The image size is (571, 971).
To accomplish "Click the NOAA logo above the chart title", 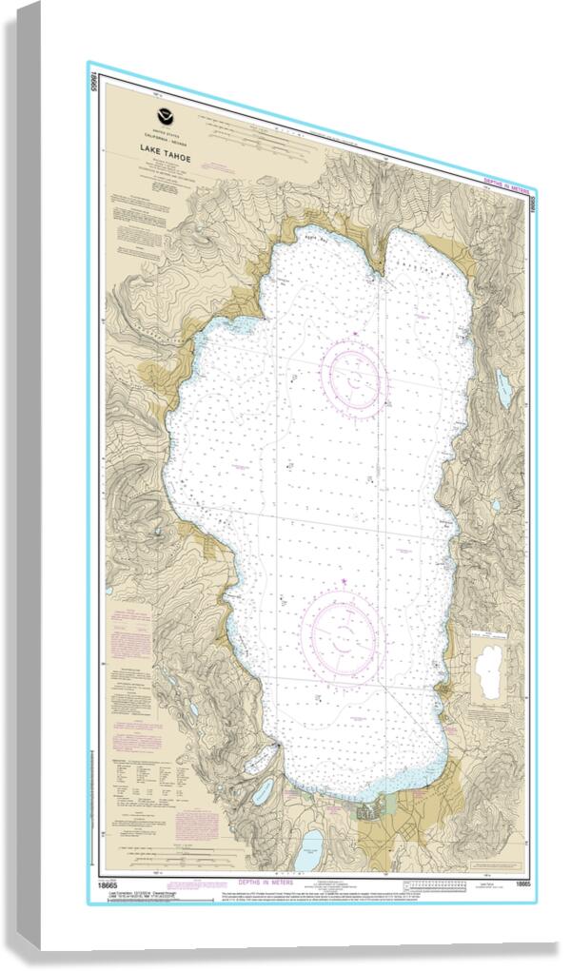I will [x=167, y=117].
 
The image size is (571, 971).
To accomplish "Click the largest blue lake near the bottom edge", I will [x=310, y=848].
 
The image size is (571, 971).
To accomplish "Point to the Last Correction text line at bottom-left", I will [x=143, y=895].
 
